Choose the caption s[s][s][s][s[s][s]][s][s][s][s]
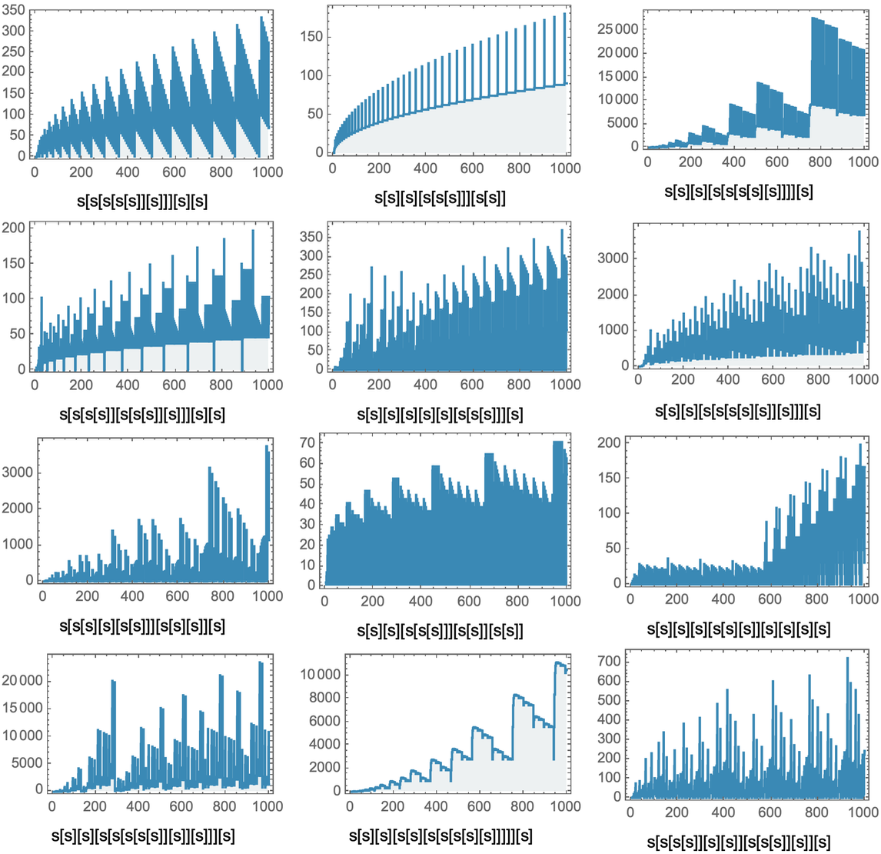(x=739, y=630)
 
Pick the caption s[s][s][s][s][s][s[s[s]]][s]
(x=440, y=415)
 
